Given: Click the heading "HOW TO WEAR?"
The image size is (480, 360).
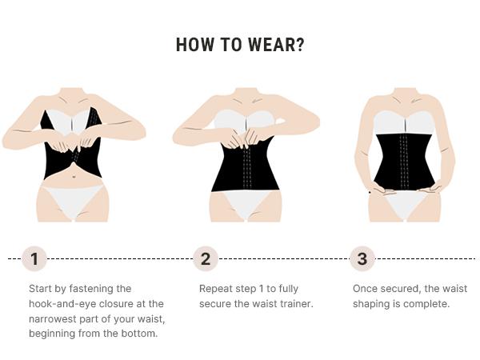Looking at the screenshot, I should tap(240, 45).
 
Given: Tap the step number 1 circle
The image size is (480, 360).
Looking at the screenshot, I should tap(34, 258).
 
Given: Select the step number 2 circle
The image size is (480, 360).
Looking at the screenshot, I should tap(206, 258).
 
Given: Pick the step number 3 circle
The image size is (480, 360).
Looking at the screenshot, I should tap(362, 258).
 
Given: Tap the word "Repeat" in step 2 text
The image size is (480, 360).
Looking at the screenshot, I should tap(215, 288).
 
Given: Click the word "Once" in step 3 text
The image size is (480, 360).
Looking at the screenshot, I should tap(366, 288).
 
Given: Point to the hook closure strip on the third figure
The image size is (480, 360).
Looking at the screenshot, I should tap(404, 160).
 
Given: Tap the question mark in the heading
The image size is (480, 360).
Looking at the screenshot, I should tap(299, 45).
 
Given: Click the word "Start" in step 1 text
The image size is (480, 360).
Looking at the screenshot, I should tap(41, 288).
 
